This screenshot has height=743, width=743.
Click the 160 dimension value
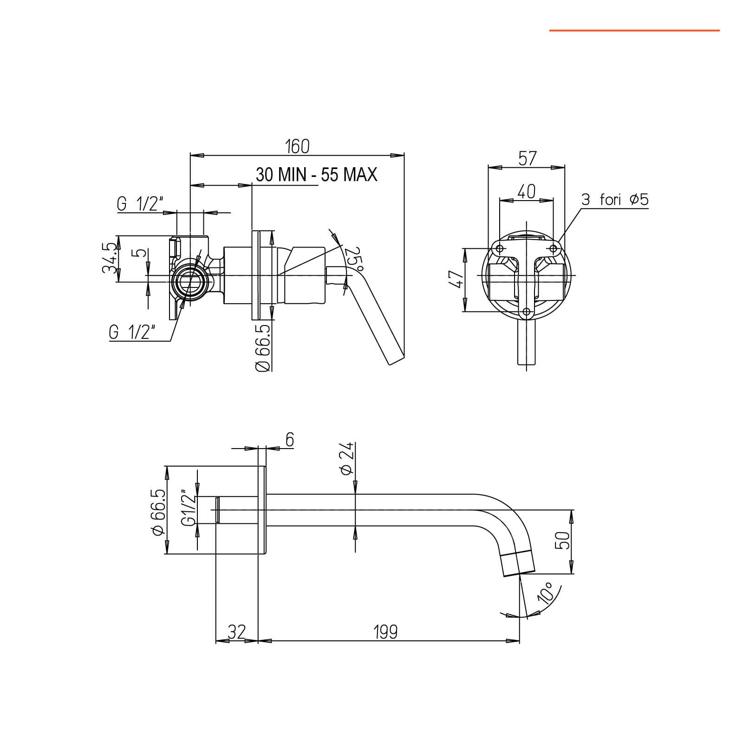click(x=297, y=146)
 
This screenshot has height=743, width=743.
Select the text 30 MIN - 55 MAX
click(x=317, y=175)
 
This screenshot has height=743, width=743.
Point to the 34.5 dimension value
click(x=110, y=258)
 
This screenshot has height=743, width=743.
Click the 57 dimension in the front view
click(x=527, y=159)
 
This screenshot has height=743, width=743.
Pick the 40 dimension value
click(x=526, y=191)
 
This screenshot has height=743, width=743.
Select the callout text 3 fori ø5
click(x=615, y=200)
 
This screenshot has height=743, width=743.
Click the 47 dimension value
click(x=457, y=280)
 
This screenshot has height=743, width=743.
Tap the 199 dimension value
click(x=385, y=632)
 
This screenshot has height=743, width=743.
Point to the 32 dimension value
click(x=236, y=632)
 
